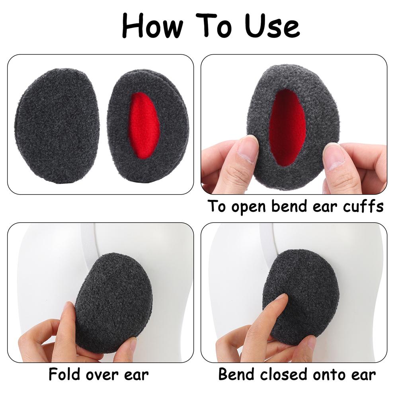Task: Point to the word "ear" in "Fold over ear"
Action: tap(136, 375)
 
